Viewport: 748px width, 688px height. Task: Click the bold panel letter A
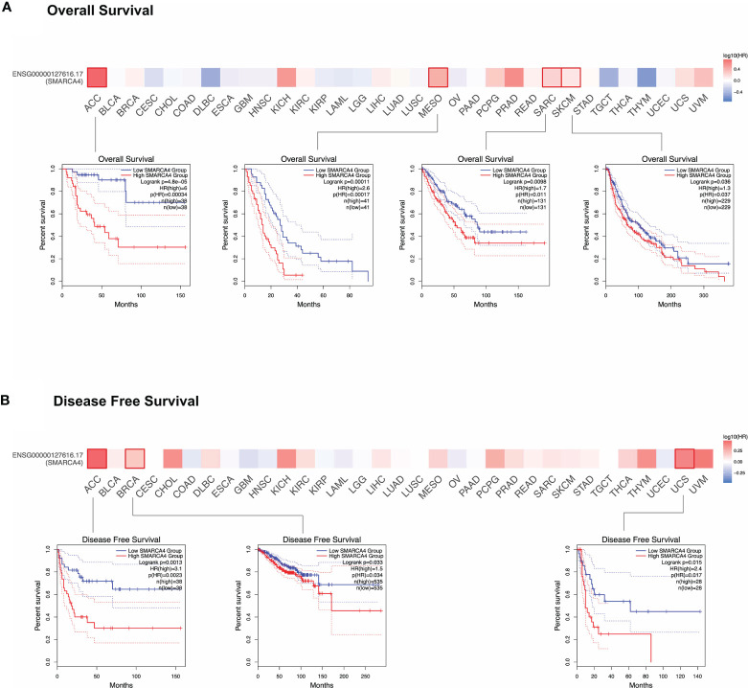(x=8, y=11)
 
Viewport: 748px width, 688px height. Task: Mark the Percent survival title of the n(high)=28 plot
(x=553, y=606)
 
